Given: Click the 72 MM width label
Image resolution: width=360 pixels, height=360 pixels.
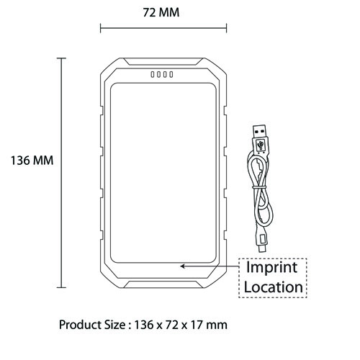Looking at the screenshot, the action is [161, 12].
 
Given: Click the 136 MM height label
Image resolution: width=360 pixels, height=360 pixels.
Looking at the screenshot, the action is [32, 161].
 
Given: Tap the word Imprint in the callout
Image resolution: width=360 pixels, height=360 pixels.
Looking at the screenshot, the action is [272, 268].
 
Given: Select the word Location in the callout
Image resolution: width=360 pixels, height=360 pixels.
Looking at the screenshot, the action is [274, 287].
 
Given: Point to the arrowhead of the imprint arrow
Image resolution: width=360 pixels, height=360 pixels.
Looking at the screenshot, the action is [182, 266].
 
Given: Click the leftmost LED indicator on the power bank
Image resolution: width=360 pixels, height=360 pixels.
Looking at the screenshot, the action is [153, 74].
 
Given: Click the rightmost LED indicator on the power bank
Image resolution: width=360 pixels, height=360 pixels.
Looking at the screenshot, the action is [171, 74].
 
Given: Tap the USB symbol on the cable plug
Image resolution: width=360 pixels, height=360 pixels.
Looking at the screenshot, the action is [261, 145].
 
